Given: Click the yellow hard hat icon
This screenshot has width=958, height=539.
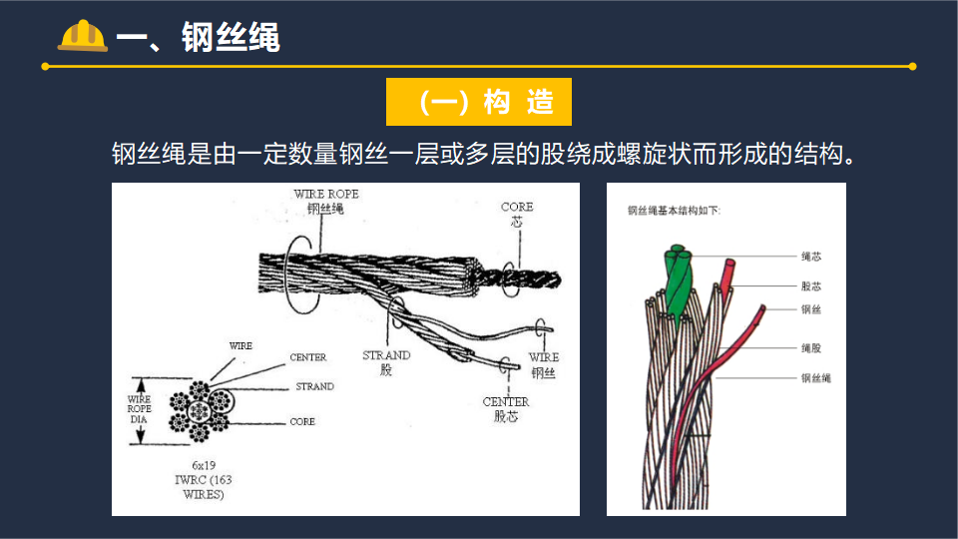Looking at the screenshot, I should coord(83,36).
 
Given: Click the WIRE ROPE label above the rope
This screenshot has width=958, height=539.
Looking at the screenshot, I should coord(325,200).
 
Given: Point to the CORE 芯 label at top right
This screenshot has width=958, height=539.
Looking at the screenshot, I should coord(517,214).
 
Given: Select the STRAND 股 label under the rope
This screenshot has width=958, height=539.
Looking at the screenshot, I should coord(386,361).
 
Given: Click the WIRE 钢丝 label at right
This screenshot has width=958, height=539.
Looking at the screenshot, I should coord(544,364).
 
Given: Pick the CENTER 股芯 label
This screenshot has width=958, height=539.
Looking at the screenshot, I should coord(506,409).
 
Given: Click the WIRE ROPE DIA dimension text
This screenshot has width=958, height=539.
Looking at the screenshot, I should coord(140,409).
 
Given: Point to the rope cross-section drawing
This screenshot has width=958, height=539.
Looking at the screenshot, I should coord(200,409).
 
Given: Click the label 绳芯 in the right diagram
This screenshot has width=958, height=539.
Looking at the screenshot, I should coord(810,257).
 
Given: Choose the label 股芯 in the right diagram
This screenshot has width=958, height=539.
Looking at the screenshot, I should coord(810,286).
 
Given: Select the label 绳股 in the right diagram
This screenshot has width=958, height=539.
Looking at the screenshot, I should coord(810,348).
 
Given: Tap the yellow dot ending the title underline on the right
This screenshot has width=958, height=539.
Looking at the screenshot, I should coord(912,67).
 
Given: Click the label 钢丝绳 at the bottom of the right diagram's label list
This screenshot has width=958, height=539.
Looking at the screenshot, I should coord(815,378).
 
